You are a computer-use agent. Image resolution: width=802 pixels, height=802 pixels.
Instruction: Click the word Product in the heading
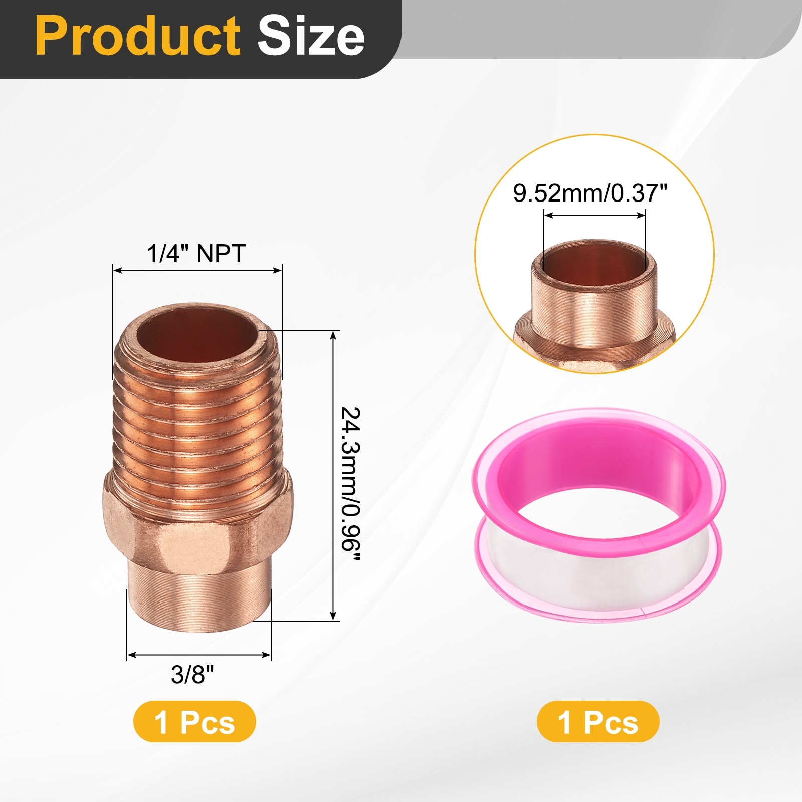point(138,36)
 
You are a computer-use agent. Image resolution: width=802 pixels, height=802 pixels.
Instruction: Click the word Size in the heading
point(311,36)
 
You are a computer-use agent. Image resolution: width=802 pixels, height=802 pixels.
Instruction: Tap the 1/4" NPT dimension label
point(196,254)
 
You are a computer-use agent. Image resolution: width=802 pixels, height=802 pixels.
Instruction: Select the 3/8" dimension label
point(192,674)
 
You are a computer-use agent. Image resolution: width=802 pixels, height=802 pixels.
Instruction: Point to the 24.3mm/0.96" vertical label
point(351,485)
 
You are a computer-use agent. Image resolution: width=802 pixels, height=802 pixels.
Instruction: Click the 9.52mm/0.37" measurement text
point(590,193)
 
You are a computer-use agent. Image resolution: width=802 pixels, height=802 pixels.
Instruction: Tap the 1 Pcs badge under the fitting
point(194,722)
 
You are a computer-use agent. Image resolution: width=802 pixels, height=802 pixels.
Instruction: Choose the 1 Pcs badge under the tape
point(598,722)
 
